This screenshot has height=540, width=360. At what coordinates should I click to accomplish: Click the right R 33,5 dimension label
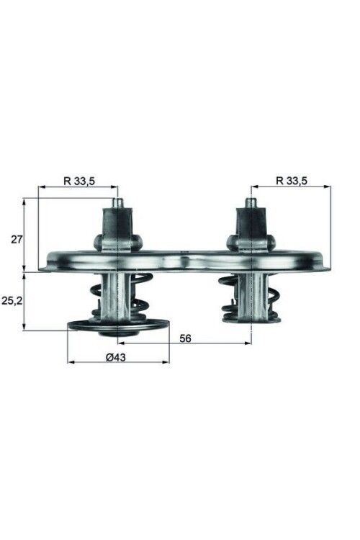pyautogui.click(x=292, y=181)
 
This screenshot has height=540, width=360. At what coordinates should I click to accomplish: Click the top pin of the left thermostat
pyautogui.click(x=117, y=203)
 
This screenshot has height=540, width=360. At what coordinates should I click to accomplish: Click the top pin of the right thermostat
pyautogui.click(x=251, y=203)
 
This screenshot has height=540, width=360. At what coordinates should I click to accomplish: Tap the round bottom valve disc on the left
pyautogui.click(x=117, y=328)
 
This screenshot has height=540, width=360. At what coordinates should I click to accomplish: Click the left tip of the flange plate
pyautogui.click(x=42, y=267)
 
